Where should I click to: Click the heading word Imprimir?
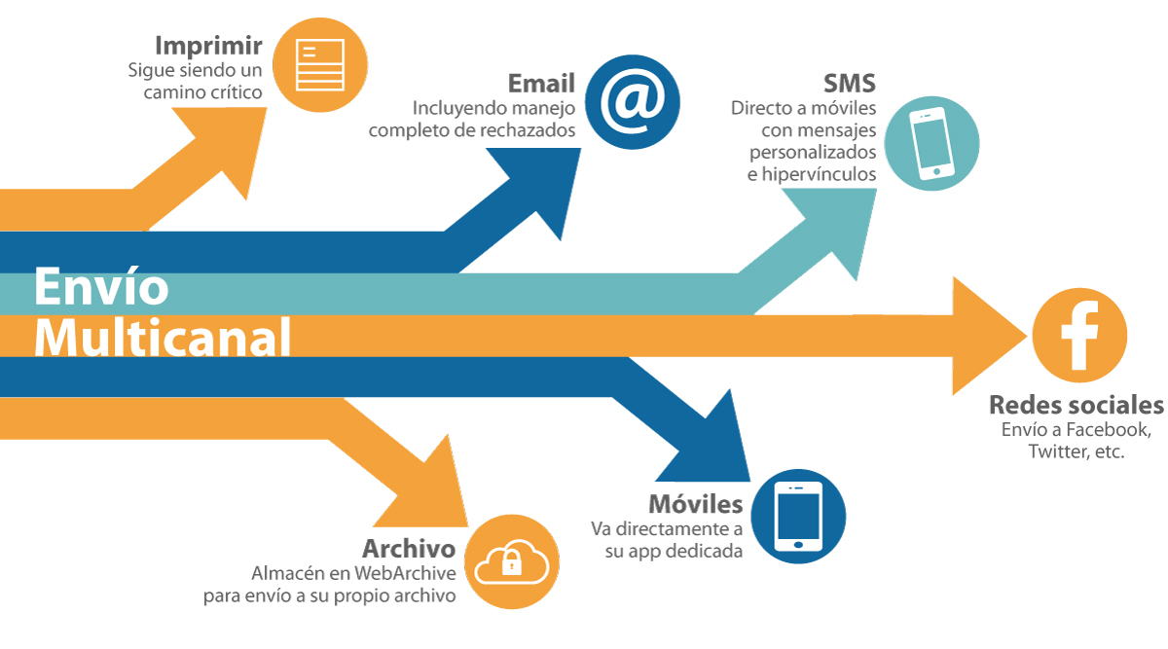208,47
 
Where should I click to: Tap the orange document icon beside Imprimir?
319,65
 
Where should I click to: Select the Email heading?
541,84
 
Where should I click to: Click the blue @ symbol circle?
632,102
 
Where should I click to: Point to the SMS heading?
850,84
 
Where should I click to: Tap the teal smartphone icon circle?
931,143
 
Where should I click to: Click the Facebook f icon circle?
1079,335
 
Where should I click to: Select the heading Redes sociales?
1077,405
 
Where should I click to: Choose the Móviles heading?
696,504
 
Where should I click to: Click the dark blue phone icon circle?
798,516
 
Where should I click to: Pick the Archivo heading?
409,549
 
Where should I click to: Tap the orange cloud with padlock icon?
512,562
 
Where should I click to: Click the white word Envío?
101,286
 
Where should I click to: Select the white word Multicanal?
163,338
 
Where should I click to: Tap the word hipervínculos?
819,173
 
